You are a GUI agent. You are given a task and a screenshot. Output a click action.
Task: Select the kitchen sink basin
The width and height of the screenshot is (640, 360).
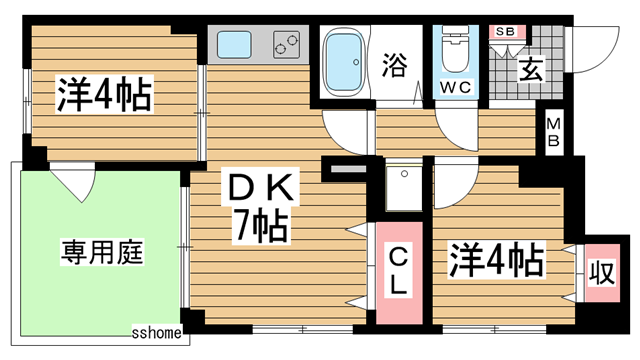tap(237, 44)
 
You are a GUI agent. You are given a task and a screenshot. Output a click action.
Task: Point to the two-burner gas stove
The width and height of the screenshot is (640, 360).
tap(286, 44)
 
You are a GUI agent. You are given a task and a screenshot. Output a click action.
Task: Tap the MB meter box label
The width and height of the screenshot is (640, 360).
tap(552, 133)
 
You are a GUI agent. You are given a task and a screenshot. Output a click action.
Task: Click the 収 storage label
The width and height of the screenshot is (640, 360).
tap(601, 272)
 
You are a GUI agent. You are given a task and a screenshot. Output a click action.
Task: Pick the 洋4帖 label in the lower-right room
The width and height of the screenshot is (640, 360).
tap(496, 260)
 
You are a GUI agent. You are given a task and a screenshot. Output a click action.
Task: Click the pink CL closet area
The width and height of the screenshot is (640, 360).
tap(398, 295)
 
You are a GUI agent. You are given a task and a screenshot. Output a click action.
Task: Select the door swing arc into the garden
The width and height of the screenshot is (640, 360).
tap(75, 182)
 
